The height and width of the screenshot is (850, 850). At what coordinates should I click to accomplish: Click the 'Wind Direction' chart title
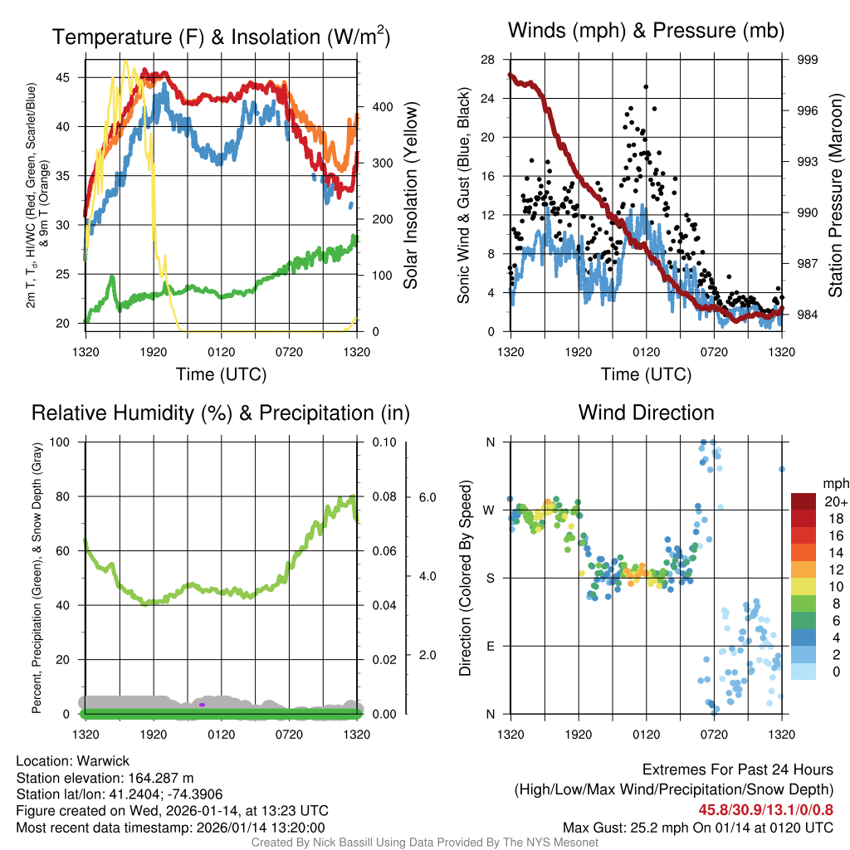pos(646,413)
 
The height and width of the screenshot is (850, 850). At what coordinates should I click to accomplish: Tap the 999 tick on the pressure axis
pos(808,60)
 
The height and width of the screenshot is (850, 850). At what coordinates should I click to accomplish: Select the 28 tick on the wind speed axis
pos(487,60)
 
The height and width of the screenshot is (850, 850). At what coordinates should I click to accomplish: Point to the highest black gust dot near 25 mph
pos(646,86)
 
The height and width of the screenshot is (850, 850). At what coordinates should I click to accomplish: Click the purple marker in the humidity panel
pos(202,705)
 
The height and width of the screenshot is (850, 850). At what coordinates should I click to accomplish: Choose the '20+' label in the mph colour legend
pos(833,501)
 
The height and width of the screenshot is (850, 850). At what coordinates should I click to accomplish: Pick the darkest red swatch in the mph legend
pos(804,501)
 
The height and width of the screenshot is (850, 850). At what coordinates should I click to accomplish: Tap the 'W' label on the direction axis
pos(490,510)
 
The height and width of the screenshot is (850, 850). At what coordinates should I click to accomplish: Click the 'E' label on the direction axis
pos(490,646)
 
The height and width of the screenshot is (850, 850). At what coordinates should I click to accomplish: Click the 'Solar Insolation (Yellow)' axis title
pos(410,196)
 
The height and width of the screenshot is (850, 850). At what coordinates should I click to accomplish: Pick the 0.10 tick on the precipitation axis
pos(382,442)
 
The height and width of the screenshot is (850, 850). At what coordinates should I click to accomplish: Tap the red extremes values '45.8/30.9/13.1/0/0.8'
pos(764,808)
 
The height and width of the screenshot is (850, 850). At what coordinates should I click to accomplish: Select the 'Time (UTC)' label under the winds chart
pos(646,374)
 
